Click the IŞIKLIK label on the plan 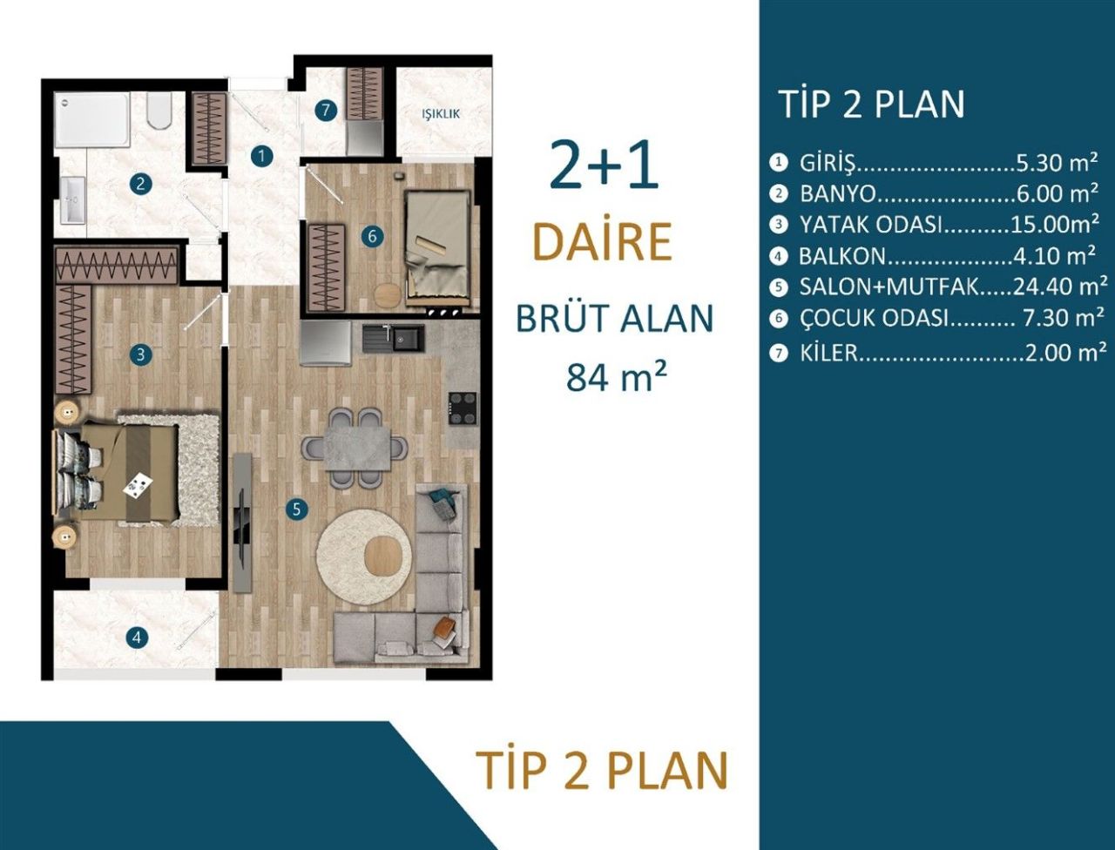click(440, 113)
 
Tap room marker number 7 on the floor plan click(325, 111)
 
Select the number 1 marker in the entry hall click(260, 157)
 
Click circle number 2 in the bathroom click(139, 184)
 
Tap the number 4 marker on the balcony click(135, 637)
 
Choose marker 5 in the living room click(296, 509)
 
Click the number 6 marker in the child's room click(371, 236)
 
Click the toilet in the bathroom click(159, 111)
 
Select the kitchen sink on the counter click(393, 337)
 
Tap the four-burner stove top click(463, 408)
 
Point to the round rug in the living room click(363, 557)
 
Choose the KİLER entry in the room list click(828, 353)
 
